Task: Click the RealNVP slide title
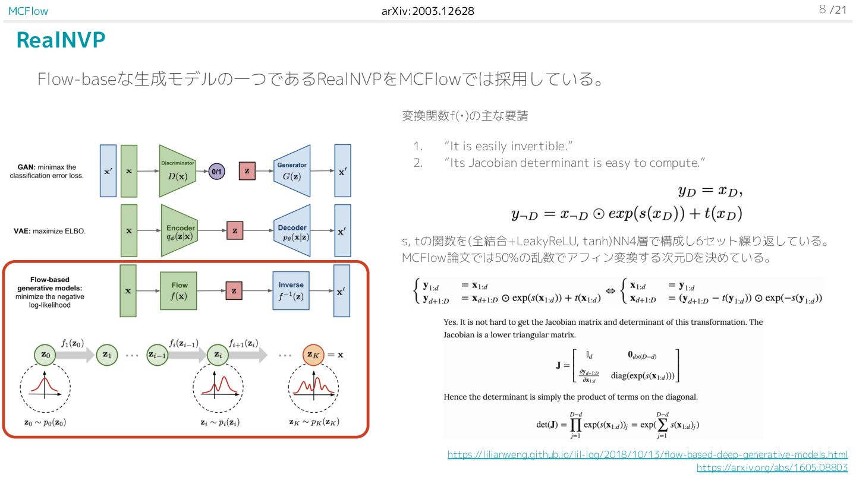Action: (x=61, y=40)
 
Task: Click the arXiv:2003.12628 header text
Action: (x=428, y=11)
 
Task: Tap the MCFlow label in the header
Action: (x=28, y=11)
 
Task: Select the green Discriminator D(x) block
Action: (x=177, y=171)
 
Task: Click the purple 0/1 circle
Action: (x=217, y=171)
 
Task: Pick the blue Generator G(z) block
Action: (x=291, y=171)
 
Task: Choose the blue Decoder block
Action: (x=292, y=231)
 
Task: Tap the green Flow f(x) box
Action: (x=179, y=290)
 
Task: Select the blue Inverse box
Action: (x=291, y=290)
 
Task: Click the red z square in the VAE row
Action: (x=235, y=230)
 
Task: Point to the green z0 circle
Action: (x=45, y=355)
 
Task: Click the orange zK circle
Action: (x=313, y=355)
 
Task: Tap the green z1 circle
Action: (x=106, y=355)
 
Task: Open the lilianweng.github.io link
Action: (x=647, y=454)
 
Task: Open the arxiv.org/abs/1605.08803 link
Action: (x=772, y=467)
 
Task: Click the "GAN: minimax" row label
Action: (x=46, y=171)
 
